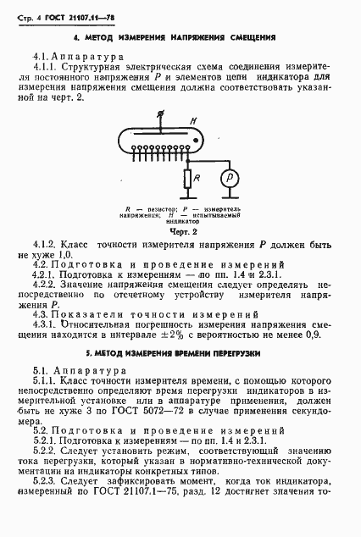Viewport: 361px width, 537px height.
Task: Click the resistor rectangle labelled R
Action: coord(186,180)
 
